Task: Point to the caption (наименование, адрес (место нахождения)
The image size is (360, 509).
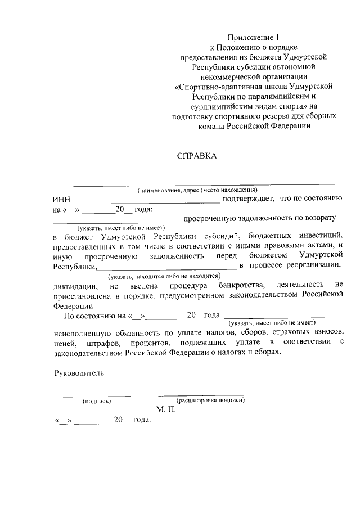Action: coord(197,190)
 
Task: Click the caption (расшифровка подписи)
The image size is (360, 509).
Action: coord(210,400)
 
